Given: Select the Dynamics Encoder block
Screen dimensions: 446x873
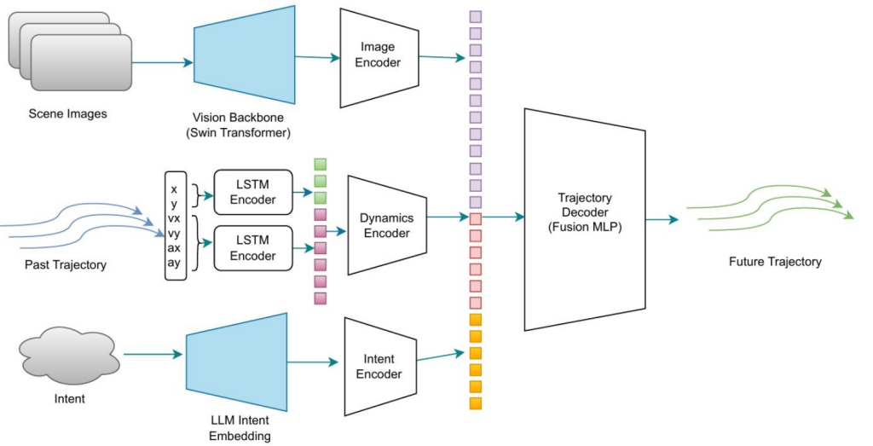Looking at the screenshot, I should coord(385,225).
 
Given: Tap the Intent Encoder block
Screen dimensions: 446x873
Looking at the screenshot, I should coord(379,366).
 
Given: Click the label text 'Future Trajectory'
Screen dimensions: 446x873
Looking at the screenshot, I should coord(775,262).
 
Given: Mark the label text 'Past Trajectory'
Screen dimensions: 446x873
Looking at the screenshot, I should coord(66,265).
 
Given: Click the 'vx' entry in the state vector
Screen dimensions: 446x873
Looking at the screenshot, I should coord(174,217).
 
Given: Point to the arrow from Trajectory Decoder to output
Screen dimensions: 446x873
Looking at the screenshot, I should coord(662,220).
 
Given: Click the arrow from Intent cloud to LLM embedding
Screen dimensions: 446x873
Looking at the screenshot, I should coord(153,354).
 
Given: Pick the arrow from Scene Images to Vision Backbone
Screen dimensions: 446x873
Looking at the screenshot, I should coord(163,62).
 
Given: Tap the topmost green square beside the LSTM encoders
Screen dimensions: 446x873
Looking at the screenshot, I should coord(321,164).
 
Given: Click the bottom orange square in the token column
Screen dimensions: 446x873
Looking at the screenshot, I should coord(476,403).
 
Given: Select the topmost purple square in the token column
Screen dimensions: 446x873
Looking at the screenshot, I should coord(476,16).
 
